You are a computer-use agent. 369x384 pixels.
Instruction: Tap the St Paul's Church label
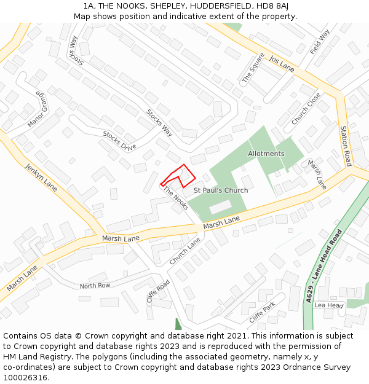tap(221, 190)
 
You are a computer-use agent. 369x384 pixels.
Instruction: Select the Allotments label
tap(266, 154)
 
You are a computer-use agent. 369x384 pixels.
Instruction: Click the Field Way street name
tap(320, 41)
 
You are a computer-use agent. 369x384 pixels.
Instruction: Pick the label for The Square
tap(253, 68)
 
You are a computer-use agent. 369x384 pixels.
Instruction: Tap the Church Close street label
tap(306, 109)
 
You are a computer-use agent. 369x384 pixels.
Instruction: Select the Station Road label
tap(346, 146)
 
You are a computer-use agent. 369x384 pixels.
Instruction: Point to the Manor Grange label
tap(37, 110)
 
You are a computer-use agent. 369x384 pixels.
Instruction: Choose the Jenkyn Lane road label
tap(41, 178)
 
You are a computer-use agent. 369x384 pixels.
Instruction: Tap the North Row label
tap(95, 286)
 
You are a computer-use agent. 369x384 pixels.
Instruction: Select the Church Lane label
tap(185, 251)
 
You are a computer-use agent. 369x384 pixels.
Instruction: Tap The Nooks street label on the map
tap(175, 198)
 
